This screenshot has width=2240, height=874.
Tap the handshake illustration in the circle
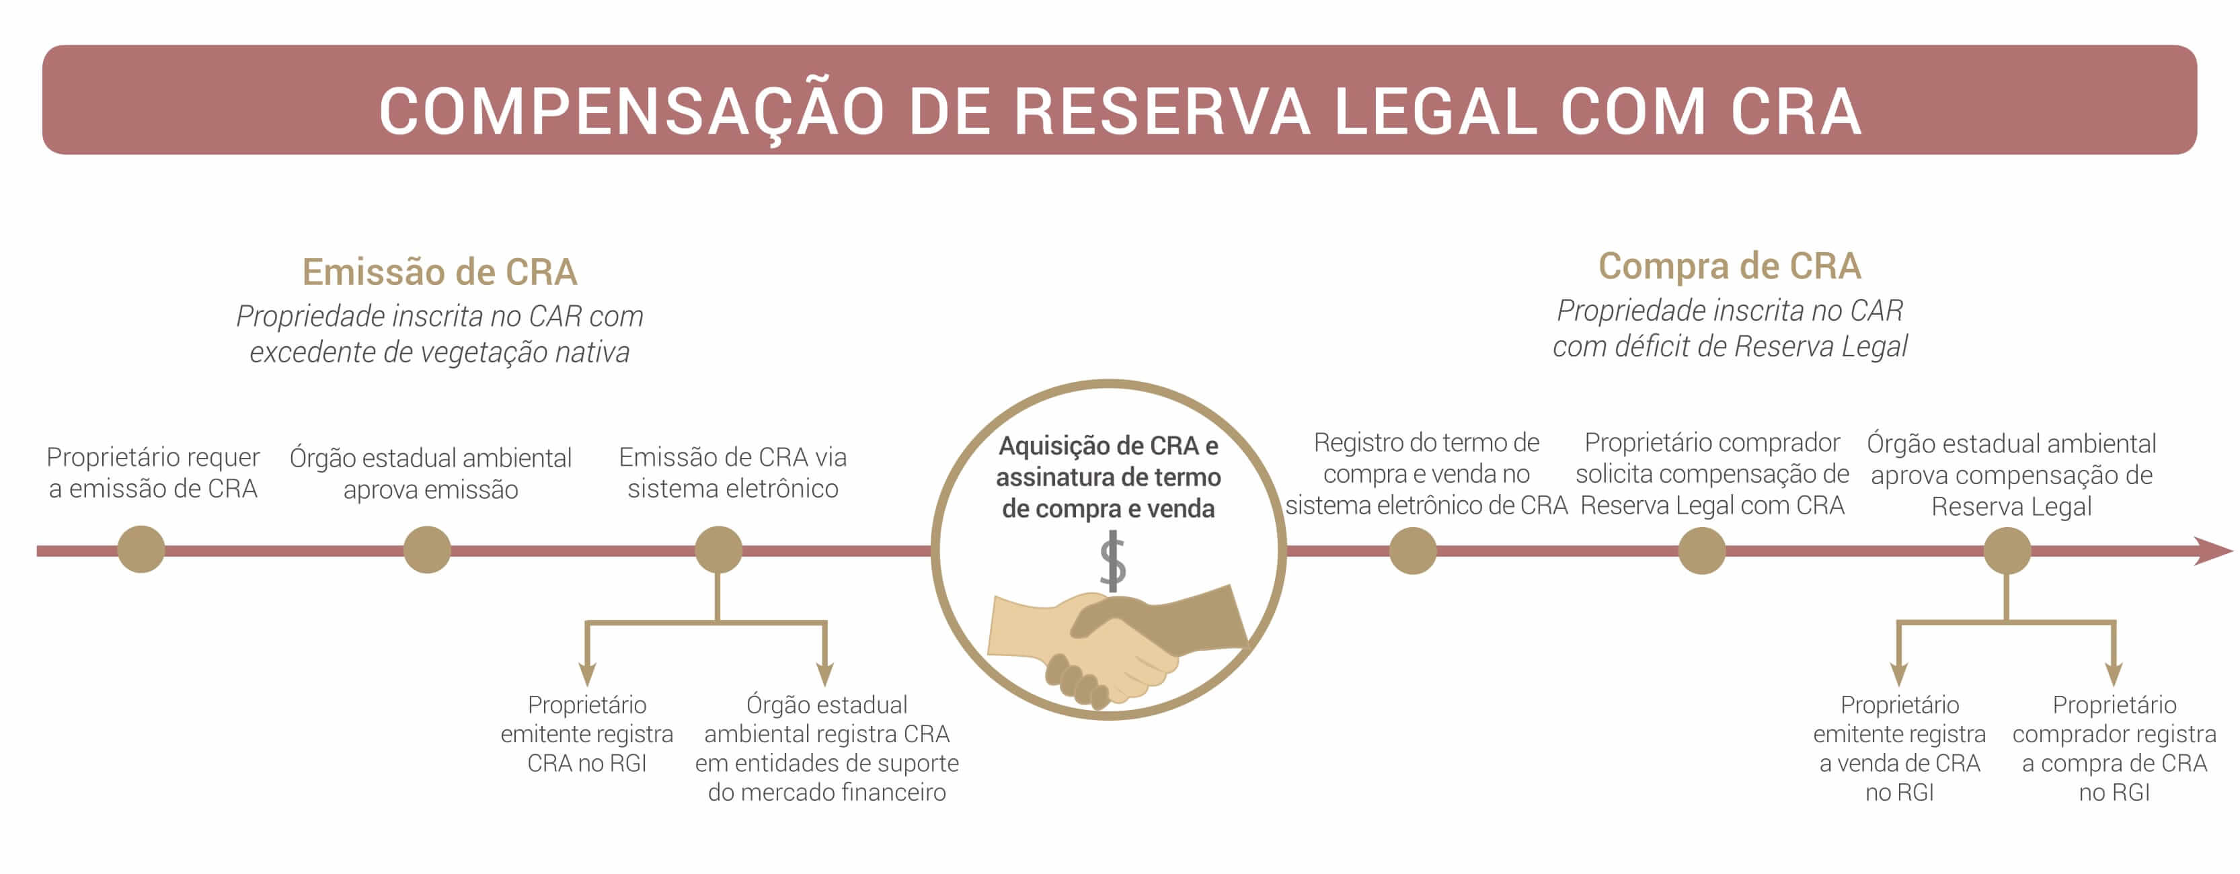1118,643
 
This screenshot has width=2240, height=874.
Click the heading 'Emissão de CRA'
439,272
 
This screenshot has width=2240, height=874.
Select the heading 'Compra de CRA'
1729,266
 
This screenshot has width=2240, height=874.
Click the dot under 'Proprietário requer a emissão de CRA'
141,550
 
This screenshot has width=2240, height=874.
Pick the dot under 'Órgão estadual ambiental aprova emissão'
427,550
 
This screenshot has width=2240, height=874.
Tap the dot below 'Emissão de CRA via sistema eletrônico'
718,550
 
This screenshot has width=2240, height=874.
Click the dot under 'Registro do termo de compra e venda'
1412,551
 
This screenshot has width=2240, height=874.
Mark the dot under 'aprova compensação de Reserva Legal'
2007,551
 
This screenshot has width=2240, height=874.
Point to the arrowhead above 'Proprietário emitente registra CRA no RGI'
587,674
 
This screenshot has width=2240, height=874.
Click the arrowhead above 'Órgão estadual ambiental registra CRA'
825,674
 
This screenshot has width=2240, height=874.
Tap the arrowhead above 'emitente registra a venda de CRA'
1899,674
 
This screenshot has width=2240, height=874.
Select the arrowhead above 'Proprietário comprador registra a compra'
2114,674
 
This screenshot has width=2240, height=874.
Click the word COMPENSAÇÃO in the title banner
631,112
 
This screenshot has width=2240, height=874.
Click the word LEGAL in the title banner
1436,112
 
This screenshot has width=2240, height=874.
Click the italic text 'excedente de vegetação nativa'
439,352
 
